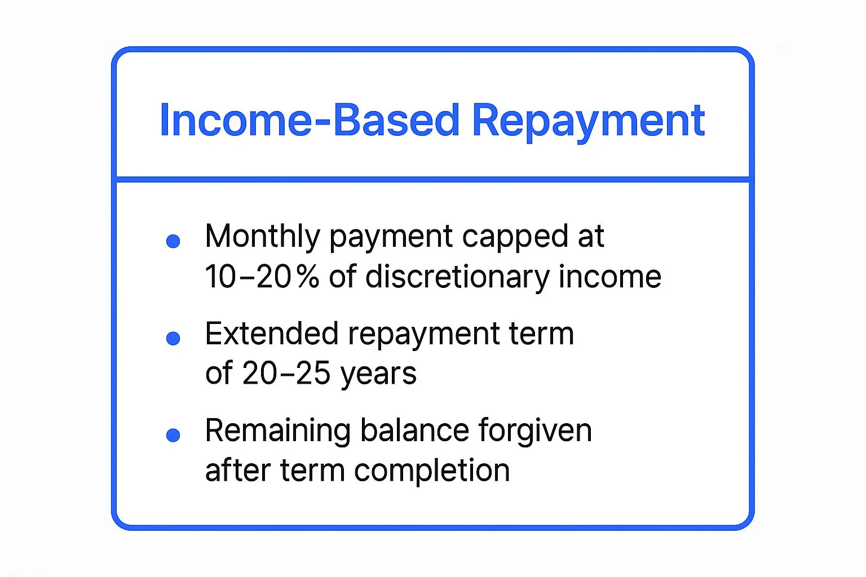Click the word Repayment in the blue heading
tap(588, 121)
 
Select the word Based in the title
tap(396, 121)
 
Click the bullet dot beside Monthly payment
tap(173, 241)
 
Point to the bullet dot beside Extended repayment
tap(173, 338)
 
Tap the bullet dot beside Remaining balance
tap(173, 435)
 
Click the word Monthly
tap(262, 237)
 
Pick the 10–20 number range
tap(248, 277)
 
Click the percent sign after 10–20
tap(308, 277)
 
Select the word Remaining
tap(278, 431)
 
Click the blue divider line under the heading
tap(432, 180)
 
